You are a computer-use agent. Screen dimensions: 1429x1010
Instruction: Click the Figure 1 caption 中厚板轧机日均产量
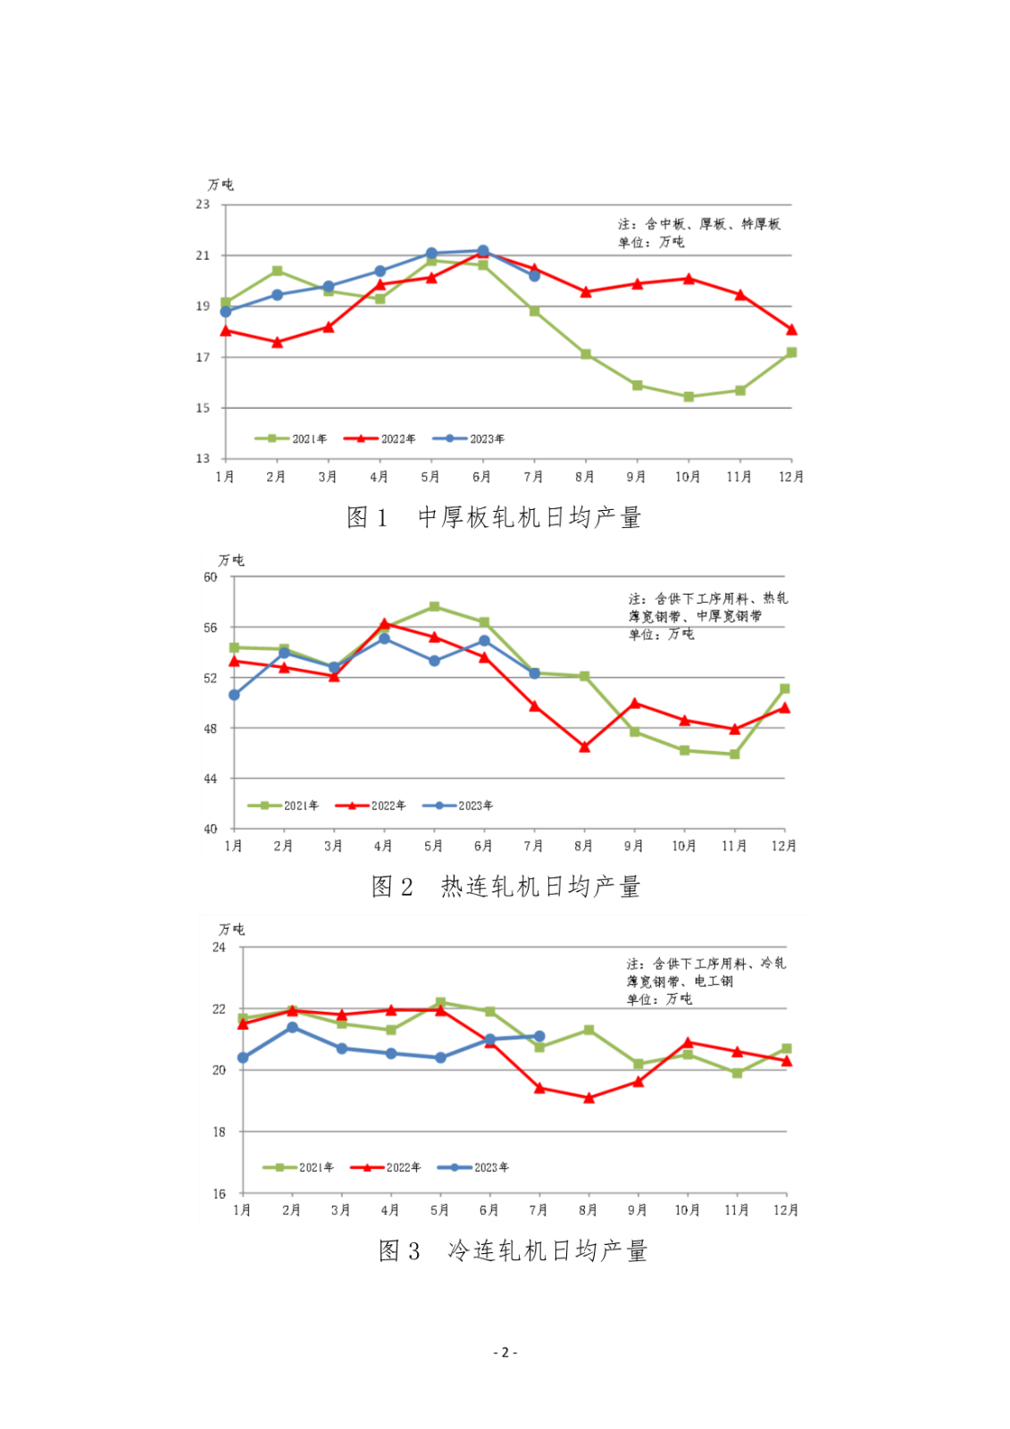[x=494, y=518]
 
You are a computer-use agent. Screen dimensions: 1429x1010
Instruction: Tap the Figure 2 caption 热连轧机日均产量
[x=505, y=887]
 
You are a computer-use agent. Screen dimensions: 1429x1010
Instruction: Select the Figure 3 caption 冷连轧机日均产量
[x=513, y=1251]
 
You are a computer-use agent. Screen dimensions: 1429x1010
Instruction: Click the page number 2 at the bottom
[x=505, y=1352]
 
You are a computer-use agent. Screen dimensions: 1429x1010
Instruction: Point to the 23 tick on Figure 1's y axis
[x=204, y=205]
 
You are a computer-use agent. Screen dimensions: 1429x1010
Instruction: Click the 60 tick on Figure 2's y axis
[x=210, y=577]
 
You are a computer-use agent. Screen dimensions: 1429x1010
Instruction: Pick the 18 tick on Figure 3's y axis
[x=219, y=1132]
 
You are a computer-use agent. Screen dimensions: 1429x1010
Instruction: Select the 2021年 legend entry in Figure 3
[x=298, y=1167]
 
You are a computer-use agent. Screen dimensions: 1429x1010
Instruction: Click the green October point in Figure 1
[x=689, y=397]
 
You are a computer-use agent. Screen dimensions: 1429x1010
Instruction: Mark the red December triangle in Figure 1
[x=791, y=330]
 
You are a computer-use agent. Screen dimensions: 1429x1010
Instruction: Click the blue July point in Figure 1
[x=534, y=276]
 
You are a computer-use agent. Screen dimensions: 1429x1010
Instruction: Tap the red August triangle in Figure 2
[x=585, y=747]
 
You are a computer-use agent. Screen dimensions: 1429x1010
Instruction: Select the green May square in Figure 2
[x=434, y=606]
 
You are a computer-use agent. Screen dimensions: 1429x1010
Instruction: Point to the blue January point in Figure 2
[x=234, y=695]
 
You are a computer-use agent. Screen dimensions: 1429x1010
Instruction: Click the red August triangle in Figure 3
[x=588, y=1098]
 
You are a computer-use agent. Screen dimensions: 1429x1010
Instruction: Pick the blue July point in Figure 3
[x=539, y=1036]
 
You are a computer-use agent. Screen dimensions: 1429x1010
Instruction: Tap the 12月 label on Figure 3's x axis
[x=785, y=1210]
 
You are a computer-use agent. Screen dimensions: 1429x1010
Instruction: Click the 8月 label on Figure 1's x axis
[x=585, y=477]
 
